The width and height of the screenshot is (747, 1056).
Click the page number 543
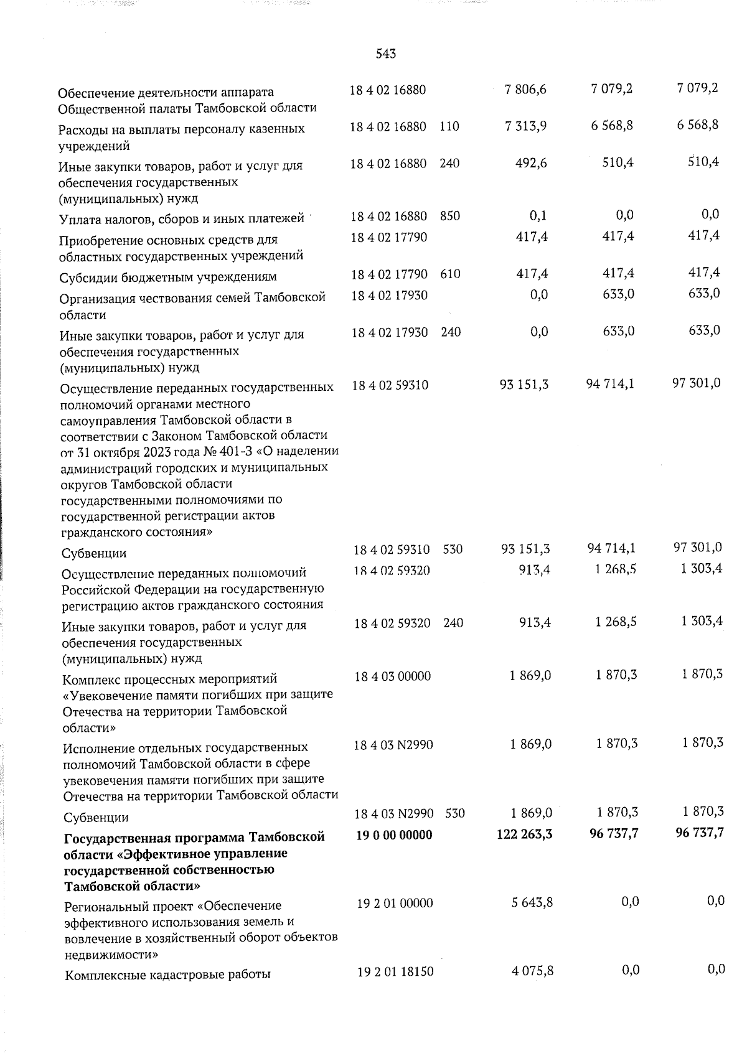[386, 54]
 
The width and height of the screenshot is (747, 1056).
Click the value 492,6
[531, 164]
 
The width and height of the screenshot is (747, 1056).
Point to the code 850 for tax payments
[449, 217]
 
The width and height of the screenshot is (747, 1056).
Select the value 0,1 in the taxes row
[539, 215]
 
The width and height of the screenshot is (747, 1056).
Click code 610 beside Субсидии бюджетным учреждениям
[450, 274]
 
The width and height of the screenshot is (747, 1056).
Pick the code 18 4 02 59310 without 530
[390, 385]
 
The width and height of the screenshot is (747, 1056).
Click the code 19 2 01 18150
[395, 972]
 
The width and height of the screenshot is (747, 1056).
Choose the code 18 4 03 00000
[392, 676]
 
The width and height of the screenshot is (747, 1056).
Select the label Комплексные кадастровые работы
[167, 974]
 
